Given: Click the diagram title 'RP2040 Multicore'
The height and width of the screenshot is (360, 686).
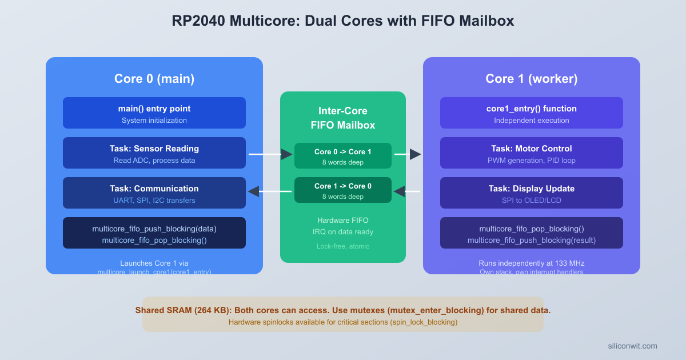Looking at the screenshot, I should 342,21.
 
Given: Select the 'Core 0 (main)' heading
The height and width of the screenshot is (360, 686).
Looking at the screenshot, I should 154,79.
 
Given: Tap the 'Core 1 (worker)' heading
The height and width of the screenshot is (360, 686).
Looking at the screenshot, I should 531,79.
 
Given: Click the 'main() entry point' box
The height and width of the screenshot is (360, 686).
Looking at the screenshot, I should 154,113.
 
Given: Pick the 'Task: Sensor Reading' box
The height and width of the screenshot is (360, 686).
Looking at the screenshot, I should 154,153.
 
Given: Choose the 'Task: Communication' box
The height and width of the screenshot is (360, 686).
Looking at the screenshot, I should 154,193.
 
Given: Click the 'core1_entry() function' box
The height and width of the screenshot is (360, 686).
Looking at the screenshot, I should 531,113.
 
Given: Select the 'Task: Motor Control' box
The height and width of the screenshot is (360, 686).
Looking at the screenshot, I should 531,153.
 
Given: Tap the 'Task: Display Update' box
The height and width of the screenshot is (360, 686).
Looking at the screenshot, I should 531,193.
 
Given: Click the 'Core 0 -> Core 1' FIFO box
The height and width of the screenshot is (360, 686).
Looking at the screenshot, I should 343,156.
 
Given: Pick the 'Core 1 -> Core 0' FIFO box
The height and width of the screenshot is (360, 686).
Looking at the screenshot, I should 343,190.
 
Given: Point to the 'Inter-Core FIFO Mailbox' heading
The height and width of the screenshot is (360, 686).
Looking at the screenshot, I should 343,118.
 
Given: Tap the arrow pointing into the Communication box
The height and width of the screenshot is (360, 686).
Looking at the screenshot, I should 269,191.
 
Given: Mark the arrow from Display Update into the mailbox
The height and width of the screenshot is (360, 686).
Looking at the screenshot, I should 407,191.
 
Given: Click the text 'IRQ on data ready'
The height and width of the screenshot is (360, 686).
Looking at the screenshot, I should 343,231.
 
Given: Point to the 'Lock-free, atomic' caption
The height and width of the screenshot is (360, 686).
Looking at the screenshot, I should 343,246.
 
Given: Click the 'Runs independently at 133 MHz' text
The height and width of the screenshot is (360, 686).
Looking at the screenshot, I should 531,263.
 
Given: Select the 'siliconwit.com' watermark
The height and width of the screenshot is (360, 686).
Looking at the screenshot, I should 632,346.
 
